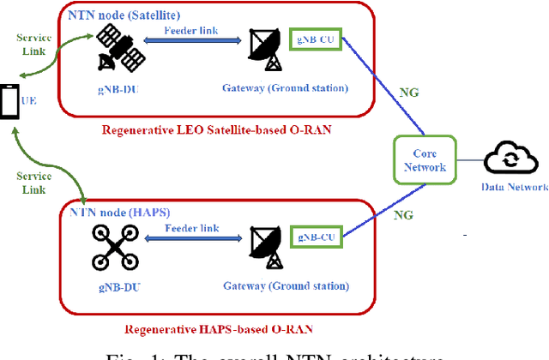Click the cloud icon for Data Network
tap(511, 159)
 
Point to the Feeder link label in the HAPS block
tap(190, 227)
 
